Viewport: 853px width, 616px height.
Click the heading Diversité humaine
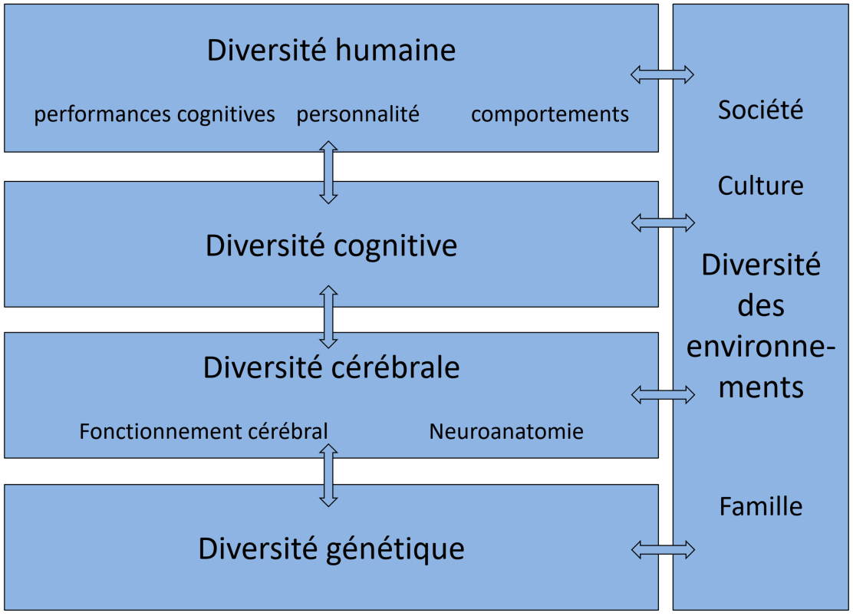(331, 51)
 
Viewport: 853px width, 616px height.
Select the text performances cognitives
(154, 114)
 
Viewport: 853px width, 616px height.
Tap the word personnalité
(358, 114)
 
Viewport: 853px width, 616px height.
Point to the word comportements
(549, 114)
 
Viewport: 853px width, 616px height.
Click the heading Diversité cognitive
(331, 245)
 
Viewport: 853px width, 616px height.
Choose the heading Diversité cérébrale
(331, 367)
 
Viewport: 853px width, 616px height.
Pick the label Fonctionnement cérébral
(203, 431)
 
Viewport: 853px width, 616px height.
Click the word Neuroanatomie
(506, 431)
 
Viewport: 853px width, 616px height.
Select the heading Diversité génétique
(331, 548)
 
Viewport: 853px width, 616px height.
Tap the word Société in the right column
(760, 110)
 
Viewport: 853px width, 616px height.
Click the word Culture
(760, 186)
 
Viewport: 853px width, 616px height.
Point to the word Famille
(760, 506)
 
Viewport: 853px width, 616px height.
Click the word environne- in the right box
(760, 347)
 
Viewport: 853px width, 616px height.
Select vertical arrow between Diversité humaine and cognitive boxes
(328, 172)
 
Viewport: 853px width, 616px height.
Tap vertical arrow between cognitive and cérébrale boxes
(328, 317)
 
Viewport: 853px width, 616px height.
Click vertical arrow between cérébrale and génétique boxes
(328, 475)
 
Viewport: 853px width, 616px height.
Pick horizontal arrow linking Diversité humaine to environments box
(662, 74)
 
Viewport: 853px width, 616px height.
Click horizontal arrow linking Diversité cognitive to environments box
(662, 222)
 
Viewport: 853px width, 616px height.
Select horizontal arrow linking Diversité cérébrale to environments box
(662, 395)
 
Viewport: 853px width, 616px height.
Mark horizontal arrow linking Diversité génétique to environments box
(662, 549)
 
